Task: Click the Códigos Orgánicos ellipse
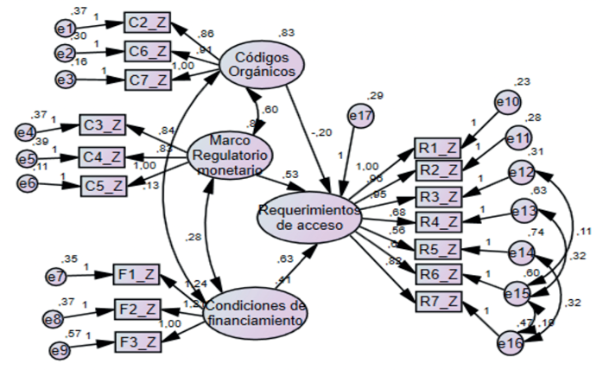click(263, 64)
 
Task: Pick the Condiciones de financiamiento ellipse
click(257, 313)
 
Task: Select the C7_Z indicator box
click(147, 80)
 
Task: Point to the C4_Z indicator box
click(104, 156)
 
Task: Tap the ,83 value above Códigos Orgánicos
click(288, 33)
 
